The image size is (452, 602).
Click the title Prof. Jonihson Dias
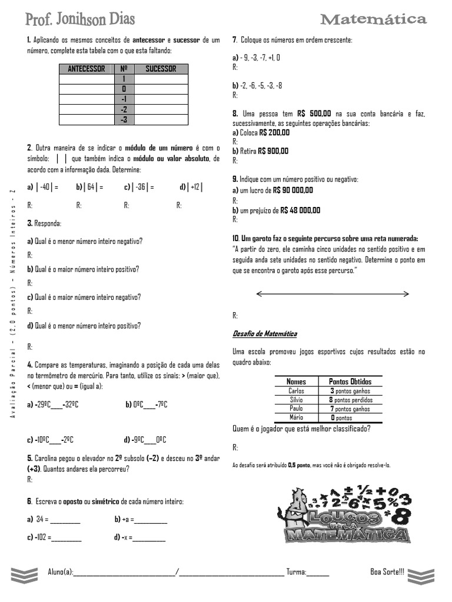(80, 19)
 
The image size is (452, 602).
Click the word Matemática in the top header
(373, 20)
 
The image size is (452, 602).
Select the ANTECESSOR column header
(87, 69)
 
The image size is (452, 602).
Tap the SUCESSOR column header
(161, 69)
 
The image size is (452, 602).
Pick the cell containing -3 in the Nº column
(124, 119)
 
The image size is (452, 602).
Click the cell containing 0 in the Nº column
(124, 89)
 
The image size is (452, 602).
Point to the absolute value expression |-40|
(45, 188)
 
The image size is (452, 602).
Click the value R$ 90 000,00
(293, 190)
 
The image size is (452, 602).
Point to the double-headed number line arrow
(333, 293)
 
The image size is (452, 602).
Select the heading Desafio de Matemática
(265, 334)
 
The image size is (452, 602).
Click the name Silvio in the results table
(296, 400)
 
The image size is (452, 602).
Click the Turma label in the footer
(296, 572)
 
